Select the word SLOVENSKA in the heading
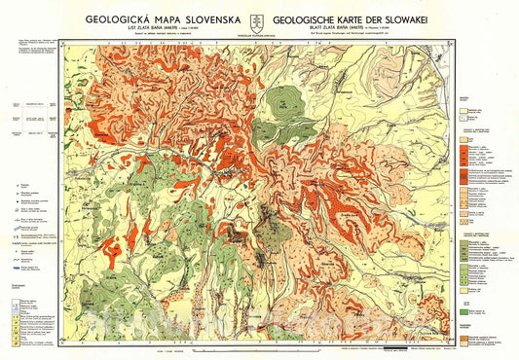[x=214, y=18]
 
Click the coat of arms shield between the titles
[x=260, y=20]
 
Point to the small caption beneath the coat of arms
[x=260, y=36]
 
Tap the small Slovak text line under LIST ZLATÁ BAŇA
[x=162, y=37]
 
